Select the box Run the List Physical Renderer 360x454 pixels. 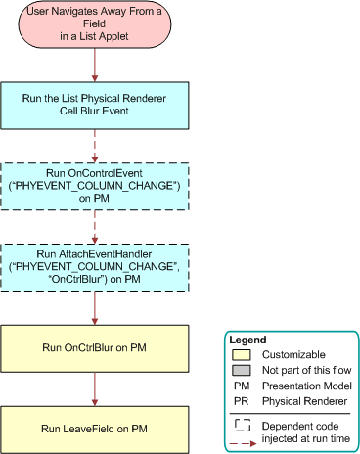pos(94,105)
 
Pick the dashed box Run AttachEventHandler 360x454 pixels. pos(94,266)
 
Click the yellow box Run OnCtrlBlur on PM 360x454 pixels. pos(94,346)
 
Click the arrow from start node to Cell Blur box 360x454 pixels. pos(94,63)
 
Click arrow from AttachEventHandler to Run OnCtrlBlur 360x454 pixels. pos(94,306)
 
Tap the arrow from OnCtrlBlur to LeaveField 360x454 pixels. pos(94,387)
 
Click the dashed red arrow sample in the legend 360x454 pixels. pos(245,442)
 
